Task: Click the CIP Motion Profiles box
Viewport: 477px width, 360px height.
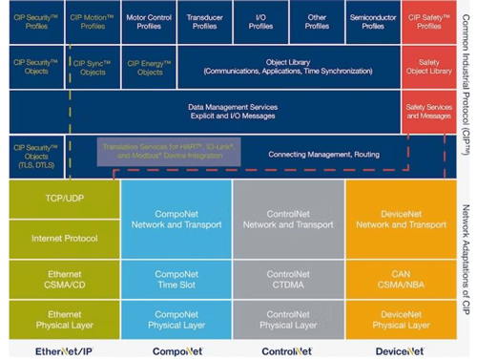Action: point(93,21)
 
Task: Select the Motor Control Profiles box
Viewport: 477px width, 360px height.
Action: point(149,21)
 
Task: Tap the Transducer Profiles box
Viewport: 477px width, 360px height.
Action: point(205,21)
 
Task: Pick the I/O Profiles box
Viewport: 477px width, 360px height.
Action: point(260,21)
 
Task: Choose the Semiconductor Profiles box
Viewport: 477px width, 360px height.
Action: point(373,21)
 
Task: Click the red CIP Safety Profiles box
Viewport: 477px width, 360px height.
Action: point(429,21)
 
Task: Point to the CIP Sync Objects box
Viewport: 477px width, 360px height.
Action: point(93,67)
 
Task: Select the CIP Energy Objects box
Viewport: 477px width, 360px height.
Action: point(149,67)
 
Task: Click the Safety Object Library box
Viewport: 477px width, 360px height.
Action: point(429,67)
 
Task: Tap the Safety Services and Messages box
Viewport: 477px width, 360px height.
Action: point(429,112)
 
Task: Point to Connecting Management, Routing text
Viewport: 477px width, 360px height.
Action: point(310,154)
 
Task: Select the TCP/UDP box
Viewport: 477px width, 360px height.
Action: point(64,198)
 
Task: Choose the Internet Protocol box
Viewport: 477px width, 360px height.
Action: point(64,238)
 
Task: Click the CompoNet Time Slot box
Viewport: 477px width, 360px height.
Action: point(176,278)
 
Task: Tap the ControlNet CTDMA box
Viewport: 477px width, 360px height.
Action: point(288,278)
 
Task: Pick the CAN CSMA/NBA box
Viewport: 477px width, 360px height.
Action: point(401,278)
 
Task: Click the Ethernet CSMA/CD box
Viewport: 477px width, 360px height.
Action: point(64,278)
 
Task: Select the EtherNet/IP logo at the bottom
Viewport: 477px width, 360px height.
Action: point(64,350)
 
